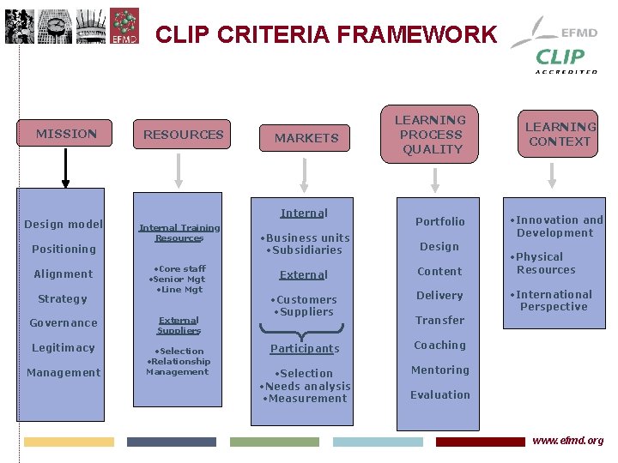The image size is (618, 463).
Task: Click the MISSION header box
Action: pyautogui.click(x=64, y=134)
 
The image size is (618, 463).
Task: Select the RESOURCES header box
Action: pyautogui.click(x=183, y=135)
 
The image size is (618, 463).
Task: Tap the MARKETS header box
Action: pyautogui.click(x=306, y=137)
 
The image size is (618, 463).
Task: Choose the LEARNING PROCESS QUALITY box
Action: pyautogui.click(x=432, y=135)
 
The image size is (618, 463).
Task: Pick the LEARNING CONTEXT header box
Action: pyautogui.click(x=560, y=134)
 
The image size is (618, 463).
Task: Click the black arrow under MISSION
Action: pyautogui.click(x=65, y=168)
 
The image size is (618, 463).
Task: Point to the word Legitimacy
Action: pyautogui.click(x=63, y=347)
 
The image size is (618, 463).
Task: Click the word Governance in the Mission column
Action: pyautogui.click(x=64, y=323)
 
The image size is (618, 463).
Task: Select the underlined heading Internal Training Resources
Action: pyautogui.click(x=179, y=232)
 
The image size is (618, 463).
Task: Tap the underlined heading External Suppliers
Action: pyautogui.click(x=179, y=325)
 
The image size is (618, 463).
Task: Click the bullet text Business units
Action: pyautogui.click(x=307, y=238)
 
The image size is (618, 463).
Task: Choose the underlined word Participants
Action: pyautogui.click(x=305, y=349)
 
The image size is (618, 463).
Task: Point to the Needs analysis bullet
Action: pyautogui.click(x=306, y=386)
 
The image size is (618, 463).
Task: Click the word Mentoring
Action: pyautogui.click(x=439, y=370)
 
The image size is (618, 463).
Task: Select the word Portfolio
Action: pyautogui.click(x=439, y=221)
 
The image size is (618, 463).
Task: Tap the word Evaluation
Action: pyautogui.click(x=439, y=395)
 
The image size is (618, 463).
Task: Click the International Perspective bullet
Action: pyautogui.click(x=554, y=300)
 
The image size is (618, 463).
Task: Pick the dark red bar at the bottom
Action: pyautogui.click(x=480, y=442)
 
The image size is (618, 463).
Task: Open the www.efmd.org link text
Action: pyautogui.click(x=567, y=441)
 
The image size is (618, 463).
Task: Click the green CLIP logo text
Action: pyautogui.click(x=559, y=57)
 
